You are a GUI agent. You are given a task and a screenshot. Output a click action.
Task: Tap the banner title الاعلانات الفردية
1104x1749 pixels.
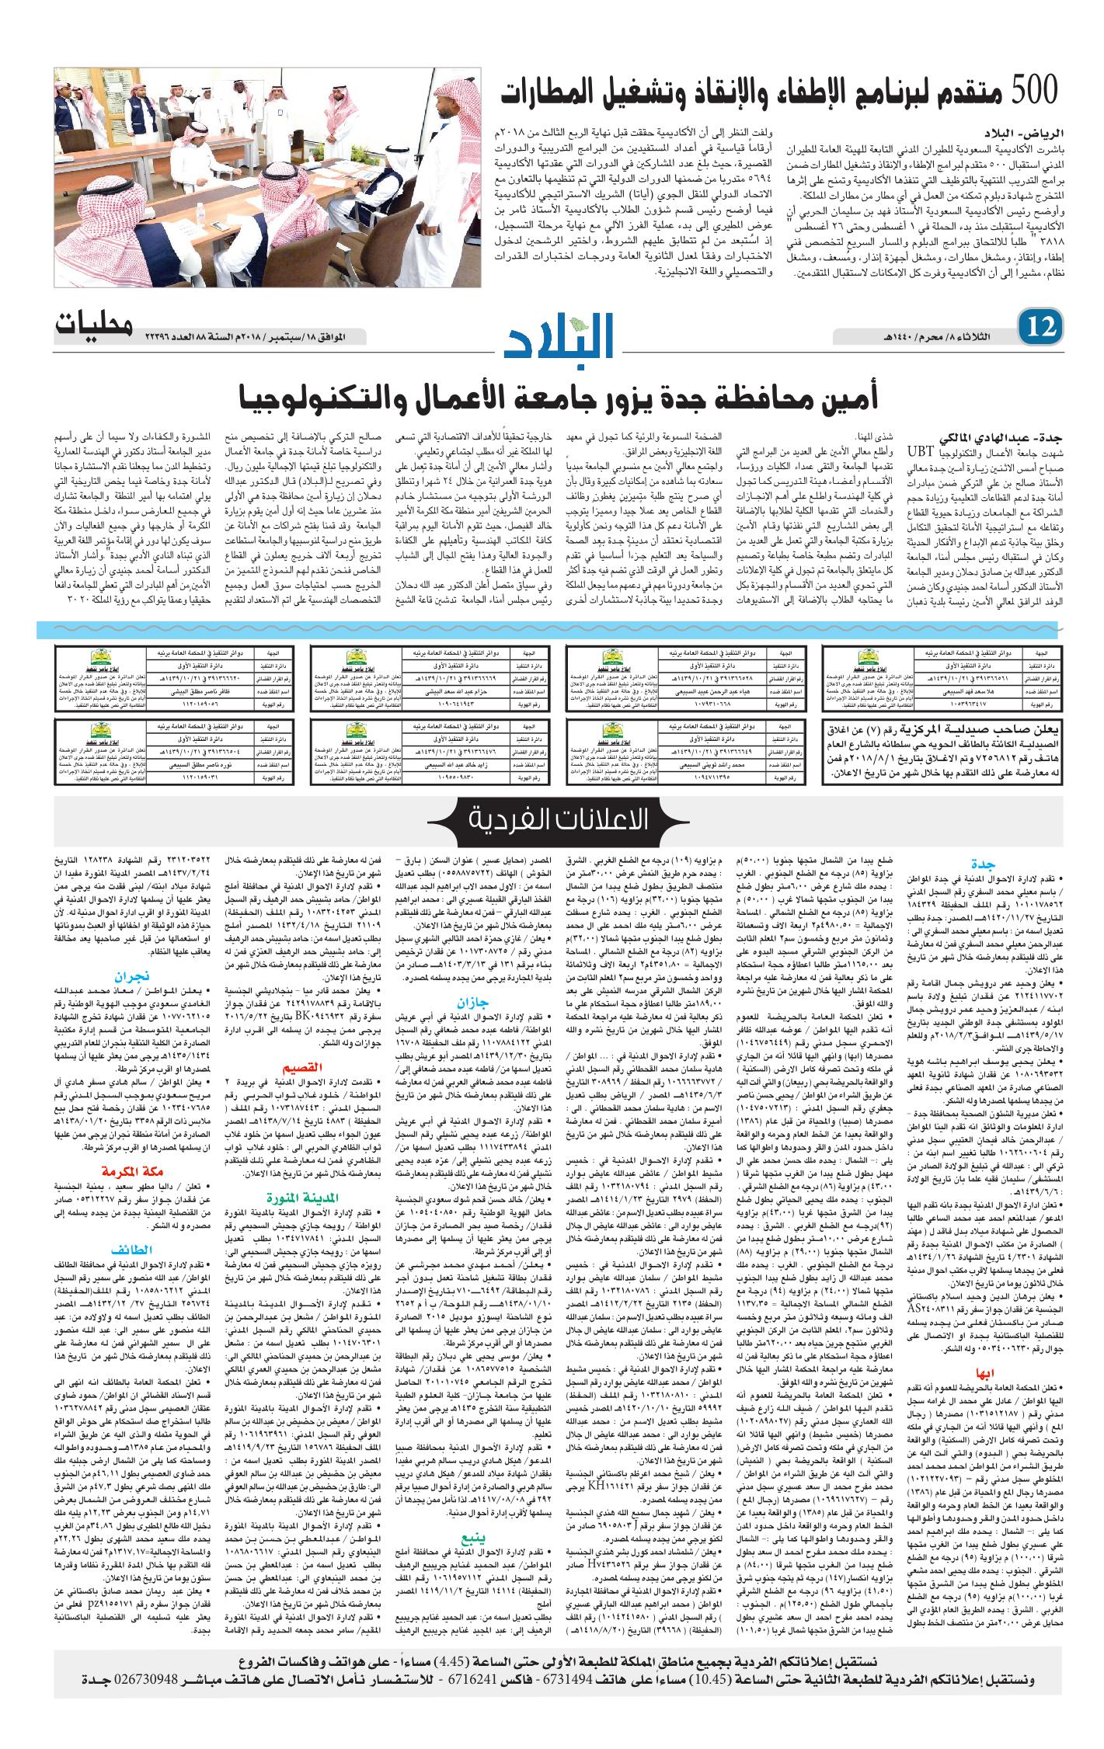point(552,821)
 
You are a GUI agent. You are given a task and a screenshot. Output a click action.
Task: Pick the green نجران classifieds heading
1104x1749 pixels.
point(110,975)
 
